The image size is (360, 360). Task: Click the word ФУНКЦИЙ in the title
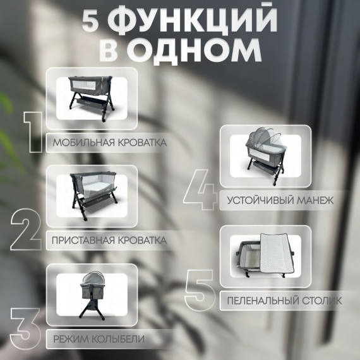pyautogui.click(x=195, y=21)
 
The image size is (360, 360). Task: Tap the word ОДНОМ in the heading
pyautogui.click(x=196, y=51)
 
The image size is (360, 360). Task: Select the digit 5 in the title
pyautogui.click(x=90, y=22)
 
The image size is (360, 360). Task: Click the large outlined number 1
pyautogui.click(x=33, y=132)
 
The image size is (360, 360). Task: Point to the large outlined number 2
pyautogui.click(x=26, y=229)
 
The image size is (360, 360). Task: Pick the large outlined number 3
pyautogui.click(x=25, y=329)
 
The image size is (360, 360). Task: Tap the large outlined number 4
pyautogui.click(x=200, y=189)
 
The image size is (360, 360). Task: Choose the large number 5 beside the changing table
pyautogui.click(x=200, y=290)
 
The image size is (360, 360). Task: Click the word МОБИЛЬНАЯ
pyautogui.click(x=83, y=143)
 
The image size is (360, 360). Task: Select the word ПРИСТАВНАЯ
pyautogui.click(x=83, y=241)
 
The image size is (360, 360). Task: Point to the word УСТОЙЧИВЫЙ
pyautogui.click(x=260, y=200)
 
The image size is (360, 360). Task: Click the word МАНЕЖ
pyautogui.click(x=315, y=200)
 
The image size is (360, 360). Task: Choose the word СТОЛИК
pyautogui.click(x=322, y=301)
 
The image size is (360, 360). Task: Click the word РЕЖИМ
pyautogui.click(x=71, y=339)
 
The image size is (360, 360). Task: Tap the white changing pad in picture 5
pyautogui.click(x=276, y=253)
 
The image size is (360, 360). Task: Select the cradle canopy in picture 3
pyautogui.click(x=92, y=279)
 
